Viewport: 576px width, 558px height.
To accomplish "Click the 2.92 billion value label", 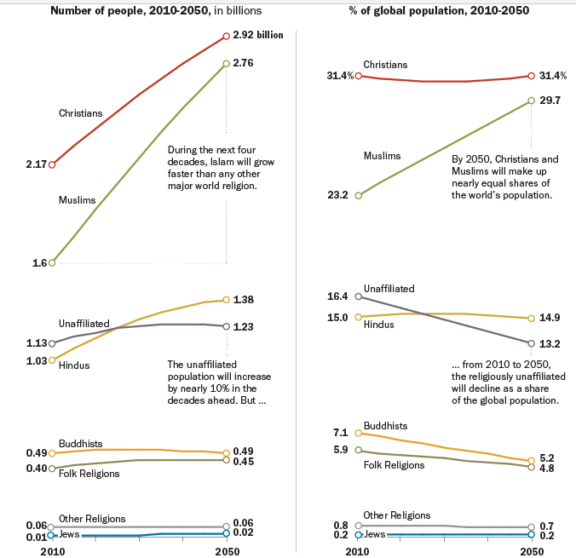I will point(258,36).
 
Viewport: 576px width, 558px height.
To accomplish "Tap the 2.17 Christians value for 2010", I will point(36,164).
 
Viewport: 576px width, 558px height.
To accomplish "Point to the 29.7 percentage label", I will point(550,101).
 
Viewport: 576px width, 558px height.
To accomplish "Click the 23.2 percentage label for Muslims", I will point(339,195).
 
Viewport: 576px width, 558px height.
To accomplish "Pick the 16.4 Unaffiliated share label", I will point(337,296).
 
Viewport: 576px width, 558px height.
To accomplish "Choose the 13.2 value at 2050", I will point(550,343).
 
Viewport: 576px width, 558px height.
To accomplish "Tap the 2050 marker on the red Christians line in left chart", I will point(226,36).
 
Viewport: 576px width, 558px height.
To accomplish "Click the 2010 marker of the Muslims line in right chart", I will point(359,195).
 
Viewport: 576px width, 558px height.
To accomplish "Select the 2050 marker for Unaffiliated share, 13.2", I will point(532,343).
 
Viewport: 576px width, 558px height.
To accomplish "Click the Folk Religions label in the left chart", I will point(89,473).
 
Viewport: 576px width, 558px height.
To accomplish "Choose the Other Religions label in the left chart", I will point(92,518).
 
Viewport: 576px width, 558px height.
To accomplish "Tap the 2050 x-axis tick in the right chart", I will point(532,551).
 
